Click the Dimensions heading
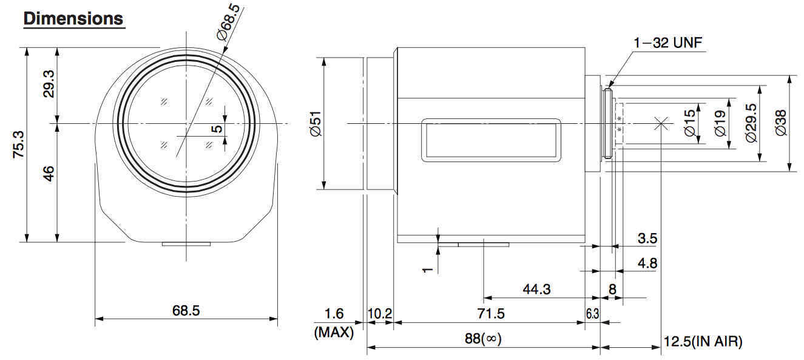tap(73, 19)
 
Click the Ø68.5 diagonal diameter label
tap(228, 22)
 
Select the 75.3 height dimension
tap(18, 144)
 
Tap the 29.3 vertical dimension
tap(49, 84)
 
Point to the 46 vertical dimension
tap(49, 174)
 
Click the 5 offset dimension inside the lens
tap(217, 129)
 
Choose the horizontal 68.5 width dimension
tap(186, 310)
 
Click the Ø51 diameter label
tap(316, 123)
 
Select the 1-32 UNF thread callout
tap(668, 43)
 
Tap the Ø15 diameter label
tap(689, 123)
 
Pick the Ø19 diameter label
tap(720, 123)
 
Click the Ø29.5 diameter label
tap(751, 123)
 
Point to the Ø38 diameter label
tap(781, 123)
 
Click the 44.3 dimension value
tap(536, 289)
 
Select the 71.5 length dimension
tap(491, 314)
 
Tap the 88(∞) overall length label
tap(483, 339)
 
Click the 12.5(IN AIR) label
tap(703, 341)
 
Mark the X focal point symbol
tap(661, 124)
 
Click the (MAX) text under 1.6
tap(334, 332)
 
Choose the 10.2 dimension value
tap(380, 314)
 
